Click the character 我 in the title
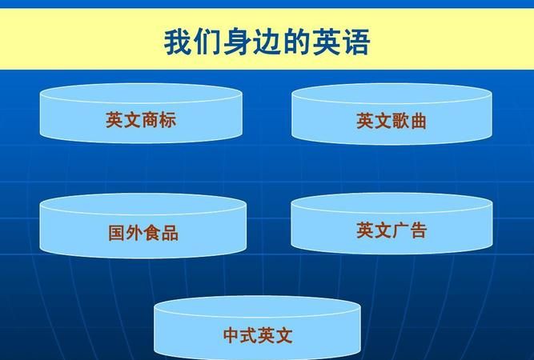pyautogui.click(x=179, y=42)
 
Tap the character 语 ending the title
pyautogui.click(x=356, y=42)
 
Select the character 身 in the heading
pyautogui.click(x=238, y=42)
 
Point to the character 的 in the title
pyautogui.click(x=297, y=42)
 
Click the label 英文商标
pyautogui.click(x=141, y=120)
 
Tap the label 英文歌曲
pyautogui.click(x=391, y=121)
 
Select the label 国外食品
pyautogui.click(x=143, y=233)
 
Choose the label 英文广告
pyautogui.click(x=391, y=230)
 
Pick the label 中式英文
pyautogui.click(x=258, y=335)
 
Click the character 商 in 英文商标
pyautogui.click(x=150, y=120)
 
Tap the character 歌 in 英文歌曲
pyautogui.click(x=400, y=121)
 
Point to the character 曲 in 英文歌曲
pyautogui.click(x=418, y=121)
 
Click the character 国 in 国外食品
pyautogui.click(x=117, y=233)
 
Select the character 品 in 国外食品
pyautogui.click(x=170, y=233)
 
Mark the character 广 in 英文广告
pyautogui.click(x=400, y=230)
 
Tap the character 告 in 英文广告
pyautogui.click(x=419, y=230)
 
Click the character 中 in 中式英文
pyautogui.click(x=231, y=335)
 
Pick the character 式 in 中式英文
pyautogui.click(x=249, y=335)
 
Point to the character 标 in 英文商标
pyautogui.click(x=167, y=120)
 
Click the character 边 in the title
pyautogui.click(x=267, y=42)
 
